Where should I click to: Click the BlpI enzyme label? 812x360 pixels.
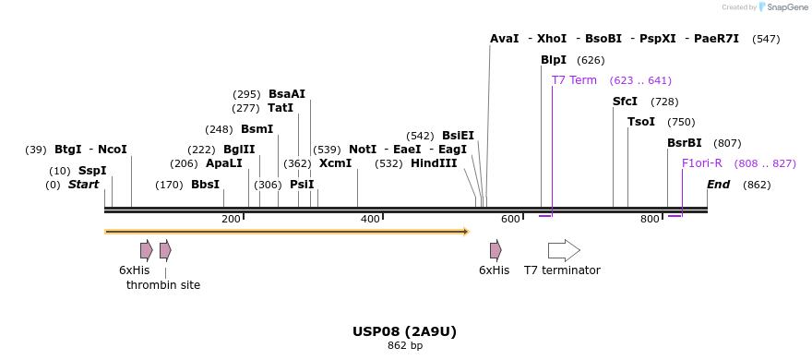tap(554, 60)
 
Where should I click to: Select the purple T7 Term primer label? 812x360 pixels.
tap(574, 80)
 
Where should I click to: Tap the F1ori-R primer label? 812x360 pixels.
tap(701, 163)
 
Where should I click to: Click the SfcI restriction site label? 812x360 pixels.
tap(625, 102)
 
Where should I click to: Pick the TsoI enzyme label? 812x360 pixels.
tap(640, 122)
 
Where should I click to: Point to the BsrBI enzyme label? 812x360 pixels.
tap(684, 143)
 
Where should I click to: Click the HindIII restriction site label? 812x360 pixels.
tap(434, 163)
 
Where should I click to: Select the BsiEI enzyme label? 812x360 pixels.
tap(458, 136)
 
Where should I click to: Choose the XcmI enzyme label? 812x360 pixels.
tap(335, 163)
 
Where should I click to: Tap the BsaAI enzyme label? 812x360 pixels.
tap(286, 94)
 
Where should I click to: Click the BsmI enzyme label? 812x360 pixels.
tap(257, 129)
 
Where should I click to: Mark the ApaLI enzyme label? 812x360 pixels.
tap(223, 163)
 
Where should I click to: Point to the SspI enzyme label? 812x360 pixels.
tap(92, 171)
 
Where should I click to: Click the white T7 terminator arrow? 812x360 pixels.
tap(564, 250)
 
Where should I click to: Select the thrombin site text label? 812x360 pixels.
tap(163, 285)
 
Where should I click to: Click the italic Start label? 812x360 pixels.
tap(83, 185)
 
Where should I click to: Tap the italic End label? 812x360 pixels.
tap(718, 185)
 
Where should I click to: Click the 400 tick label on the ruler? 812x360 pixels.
tap(370, 219)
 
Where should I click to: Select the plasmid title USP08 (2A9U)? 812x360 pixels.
tap(404, 331)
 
